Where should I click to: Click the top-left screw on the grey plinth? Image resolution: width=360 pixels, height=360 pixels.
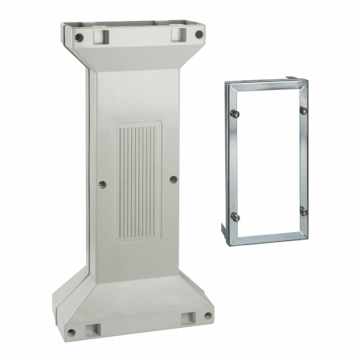(x=77, y=37)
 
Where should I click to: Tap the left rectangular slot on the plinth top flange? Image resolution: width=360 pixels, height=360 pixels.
(x=100, y=36)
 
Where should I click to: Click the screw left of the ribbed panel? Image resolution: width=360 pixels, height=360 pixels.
(x=100, y=183)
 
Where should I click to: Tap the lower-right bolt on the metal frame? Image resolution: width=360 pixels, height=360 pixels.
(x=304, y=211)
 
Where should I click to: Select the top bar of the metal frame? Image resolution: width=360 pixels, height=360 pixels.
(x=265, y=84)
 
